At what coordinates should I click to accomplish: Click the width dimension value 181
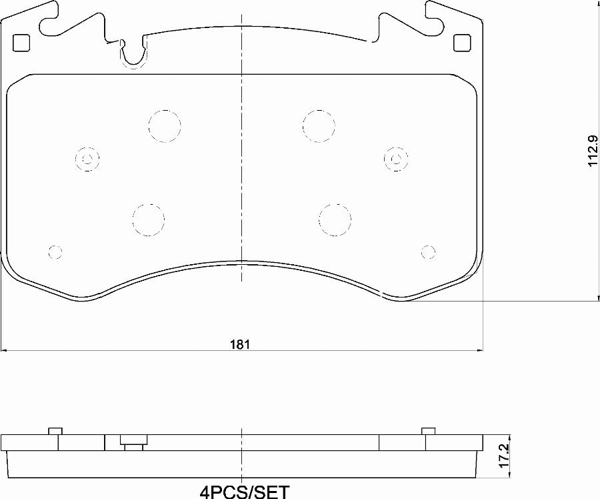coord(240,344)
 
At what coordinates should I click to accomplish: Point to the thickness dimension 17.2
coord(504,456)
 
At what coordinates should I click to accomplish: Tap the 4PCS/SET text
coord(245,492)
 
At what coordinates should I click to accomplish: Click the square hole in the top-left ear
coord(22,42)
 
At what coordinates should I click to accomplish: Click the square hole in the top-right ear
coord(461,42)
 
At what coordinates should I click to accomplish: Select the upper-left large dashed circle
coord(165,125)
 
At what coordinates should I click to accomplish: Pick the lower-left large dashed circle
coord(148,219)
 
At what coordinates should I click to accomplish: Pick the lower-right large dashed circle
coord(335,219)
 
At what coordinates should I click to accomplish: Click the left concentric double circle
coord(87,159)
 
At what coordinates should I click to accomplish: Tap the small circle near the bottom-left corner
coord(55,252)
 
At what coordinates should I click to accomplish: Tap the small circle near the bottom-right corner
coord(429,252)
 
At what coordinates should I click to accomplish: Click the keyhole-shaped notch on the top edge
coord(133,55)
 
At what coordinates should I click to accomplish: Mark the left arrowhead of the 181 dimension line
coord(4,350)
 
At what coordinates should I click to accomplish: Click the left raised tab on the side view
coord(55,430)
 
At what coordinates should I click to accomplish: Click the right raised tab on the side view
coord(429,430)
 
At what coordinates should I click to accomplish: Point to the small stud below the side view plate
coord(133,443)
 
